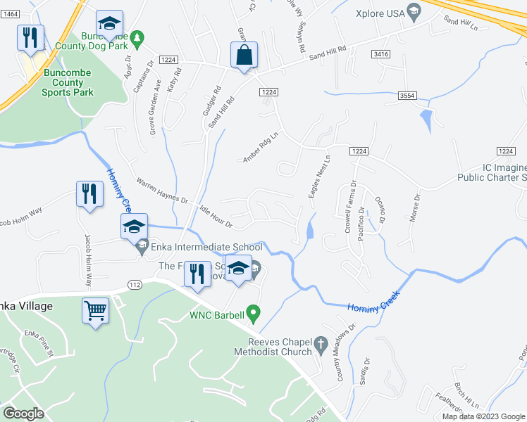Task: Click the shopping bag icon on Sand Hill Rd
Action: tap(244, 55)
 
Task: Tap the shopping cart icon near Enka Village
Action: tap(96, 309)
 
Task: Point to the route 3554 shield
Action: tap(406, 95)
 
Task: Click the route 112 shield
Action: tap(135, 283)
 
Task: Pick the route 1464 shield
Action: tap(9, 24)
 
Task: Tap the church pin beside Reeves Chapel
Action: tap(321, 345)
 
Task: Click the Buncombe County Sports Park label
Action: tap(48, 82)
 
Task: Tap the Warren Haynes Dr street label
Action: tap(162, 191)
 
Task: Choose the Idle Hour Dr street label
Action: tap(216, 216)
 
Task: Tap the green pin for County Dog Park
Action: tap(139, 36)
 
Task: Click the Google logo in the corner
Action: tap(23, 414)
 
